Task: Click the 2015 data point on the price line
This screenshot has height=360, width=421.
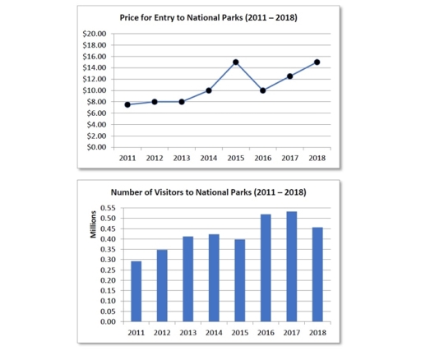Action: click(236, 62)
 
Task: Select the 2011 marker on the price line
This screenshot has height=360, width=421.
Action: click(127, 104)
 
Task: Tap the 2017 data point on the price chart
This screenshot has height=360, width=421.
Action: click(290, 76)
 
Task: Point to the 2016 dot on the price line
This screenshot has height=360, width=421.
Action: click(263, 90)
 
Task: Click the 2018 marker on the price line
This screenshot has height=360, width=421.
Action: click(317, 62)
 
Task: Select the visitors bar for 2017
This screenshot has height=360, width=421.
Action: click(292, 266)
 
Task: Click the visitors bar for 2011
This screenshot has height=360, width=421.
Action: click(136, 291)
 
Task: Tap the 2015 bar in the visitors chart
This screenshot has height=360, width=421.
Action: click(240, 280)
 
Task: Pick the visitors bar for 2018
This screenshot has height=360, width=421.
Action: click(317, 275)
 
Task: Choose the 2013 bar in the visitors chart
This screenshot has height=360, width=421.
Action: click(188, 279)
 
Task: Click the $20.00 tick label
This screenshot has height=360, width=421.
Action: click(95, 34)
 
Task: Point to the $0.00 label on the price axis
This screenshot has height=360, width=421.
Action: click(96, 147)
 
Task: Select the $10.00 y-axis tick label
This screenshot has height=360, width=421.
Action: click(95, 90)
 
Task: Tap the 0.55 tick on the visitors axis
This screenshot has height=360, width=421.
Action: click(108, 208)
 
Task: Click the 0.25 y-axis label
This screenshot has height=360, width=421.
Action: click(108, 270)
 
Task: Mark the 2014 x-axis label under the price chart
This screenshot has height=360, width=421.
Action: click(209, 158)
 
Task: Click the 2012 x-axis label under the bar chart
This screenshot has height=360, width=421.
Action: click(162, 333)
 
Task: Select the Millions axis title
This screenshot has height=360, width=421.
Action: click(93, 224)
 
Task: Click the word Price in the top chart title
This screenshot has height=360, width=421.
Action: click(129, 17)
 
